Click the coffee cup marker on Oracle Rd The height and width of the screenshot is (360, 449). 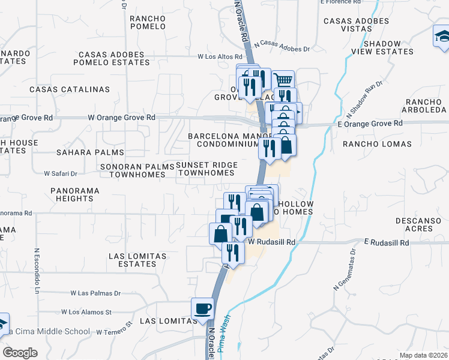pyautogui.click(x=202, y=308)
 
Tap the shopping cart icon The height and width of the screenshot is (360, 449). pyautogui.click(x=283, y=80)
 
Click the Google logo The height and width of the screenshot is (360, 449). pyautogui.click(x=19, y=353)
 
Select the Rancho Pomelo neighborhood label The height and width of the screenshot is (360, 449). pyautogui.click(x=148, y=22)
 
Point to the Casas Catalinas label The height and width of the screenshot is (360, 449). pyautogui.click(x=70, y=89)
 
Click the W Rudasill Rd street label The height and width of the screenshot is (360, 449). pyautogui.click(x=273, y=242)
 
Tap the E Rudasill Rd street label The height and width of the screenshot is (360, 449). pyautogui.click(x=386, y=243)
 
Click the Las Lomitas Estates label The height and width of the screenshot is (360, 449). pyautogui.click(x=137, y=260)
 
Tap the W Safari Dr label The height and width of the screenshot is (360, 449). pyautogui.click(x=61, y=173)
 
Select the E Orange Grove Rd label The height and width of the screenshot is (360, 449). pyautogui.click(x=370, y=124)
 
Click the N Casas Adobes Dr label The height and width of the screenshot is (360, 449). pyautogui.click(x=282, y=45)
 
